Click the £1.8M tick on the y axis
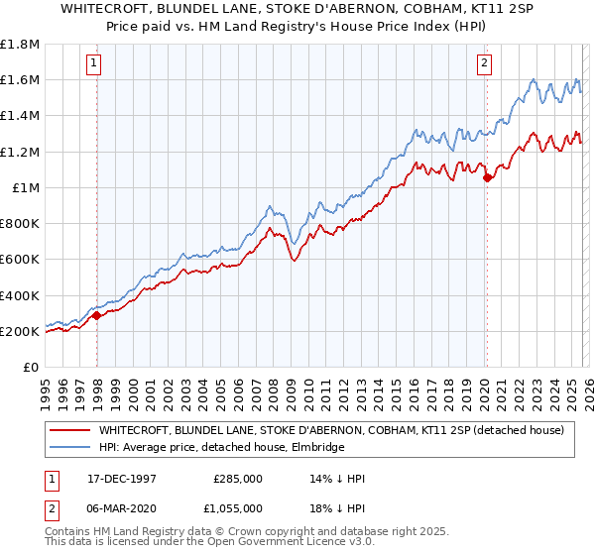pos(21,45)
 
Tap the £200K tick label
pos(20,331)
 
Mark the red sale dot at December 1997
pos(97,316)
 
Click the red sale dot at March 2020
pos(487,178)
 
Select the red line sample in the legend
pos(70,430)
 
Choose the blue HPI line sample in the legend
pos(70,448)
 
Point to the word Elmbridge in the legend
pos(313,448)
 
